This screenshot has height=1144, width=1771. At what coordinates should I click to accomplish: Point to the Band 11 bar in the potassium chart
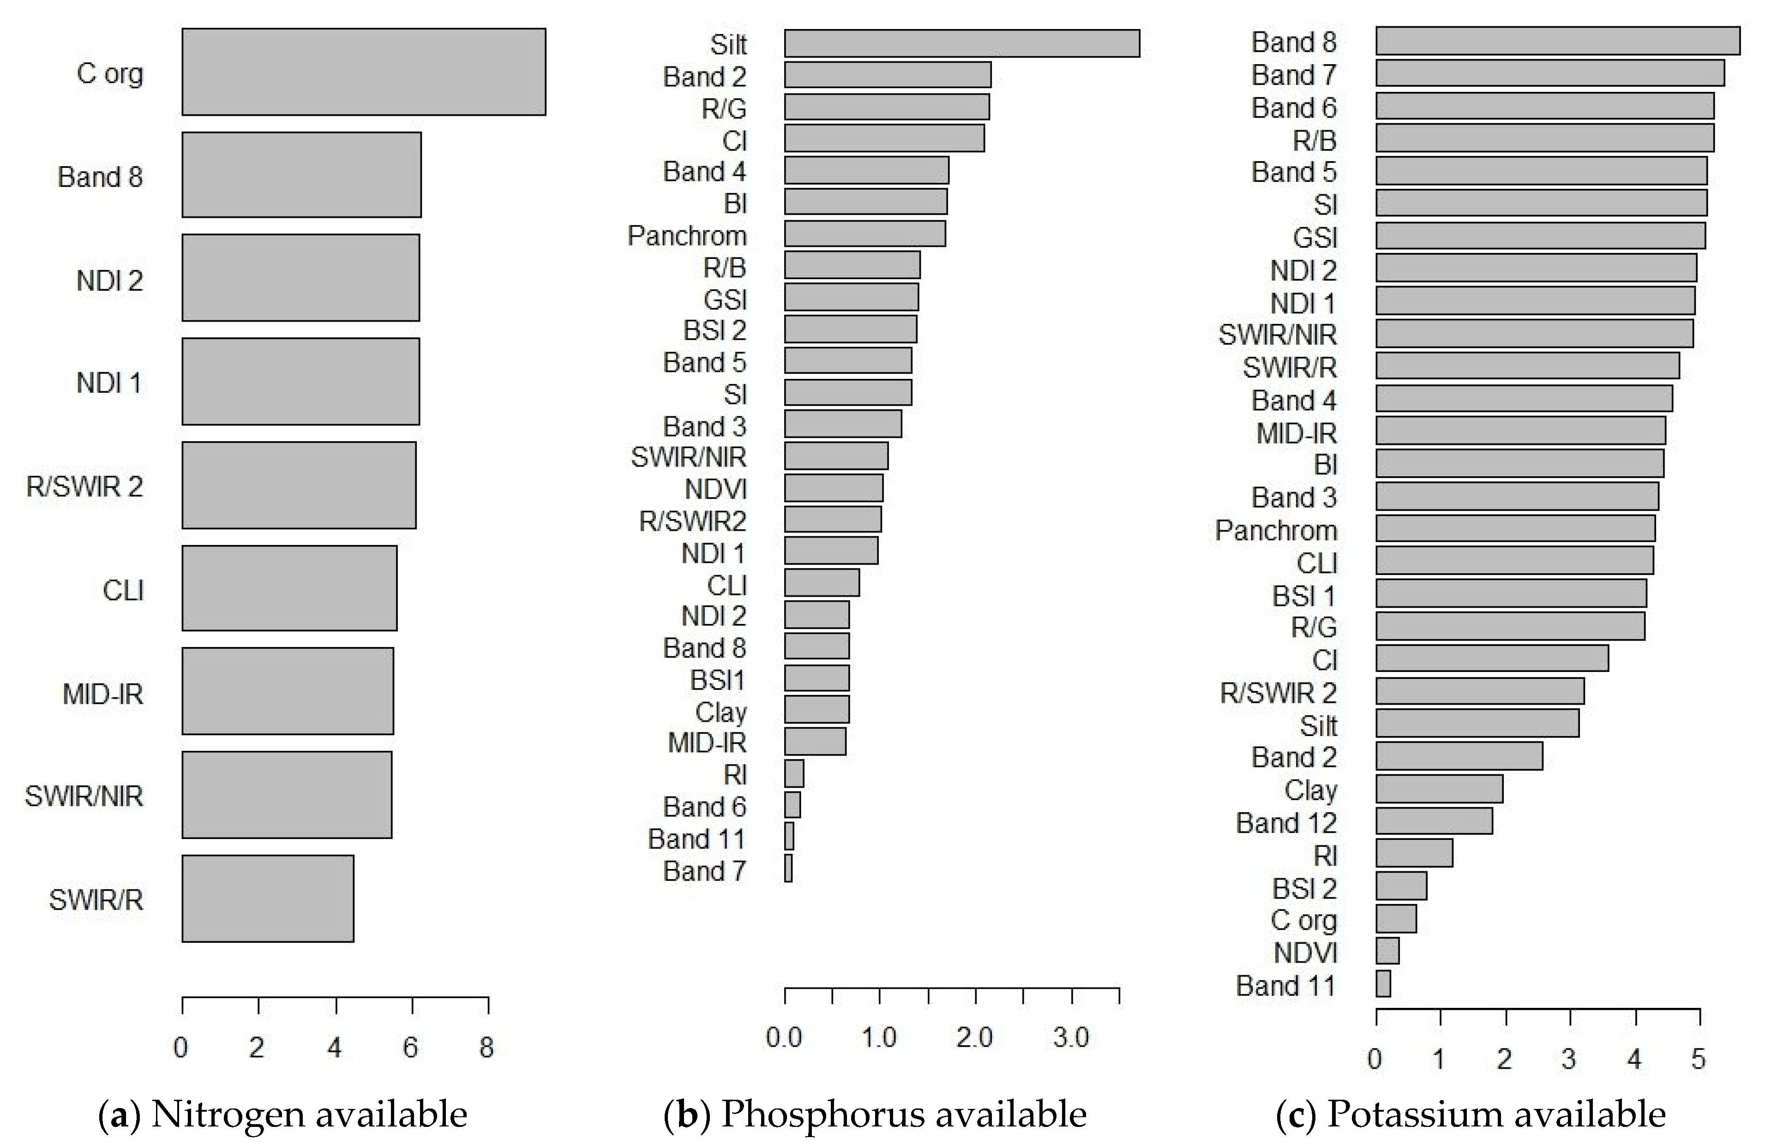coord(1383,983)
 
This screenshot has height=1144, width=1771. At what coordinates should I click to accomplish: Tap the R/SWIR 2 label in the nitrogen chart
coord(84,486)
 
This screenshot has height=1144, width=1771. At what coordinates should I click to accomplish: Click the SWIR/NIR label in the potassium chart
coord(1277,335)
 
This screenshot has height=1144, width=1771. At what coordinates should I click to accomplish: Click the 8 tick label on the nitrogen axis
coord(486,1048)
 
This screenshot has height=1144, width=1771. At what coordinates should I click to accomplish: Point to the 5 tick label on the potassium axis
coord(1698,1059)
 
